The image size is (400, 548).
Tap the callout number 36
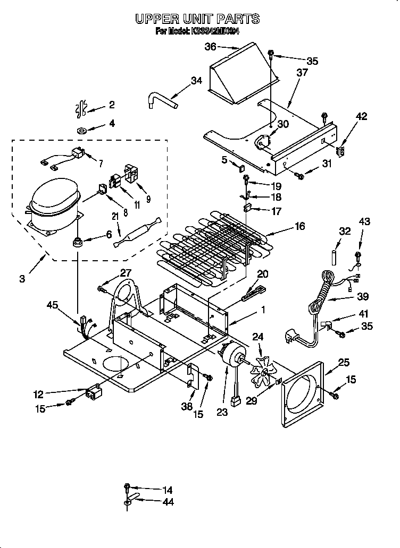(x=211, y=47)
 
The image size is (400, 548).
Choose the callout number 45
(x=53, y=304)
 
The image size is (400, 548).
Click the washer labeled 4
(x=83, y=130)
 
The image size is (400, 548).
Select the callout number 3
(x=21, y=278)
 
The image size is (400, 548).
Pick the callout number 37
(x=302, y=72)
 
